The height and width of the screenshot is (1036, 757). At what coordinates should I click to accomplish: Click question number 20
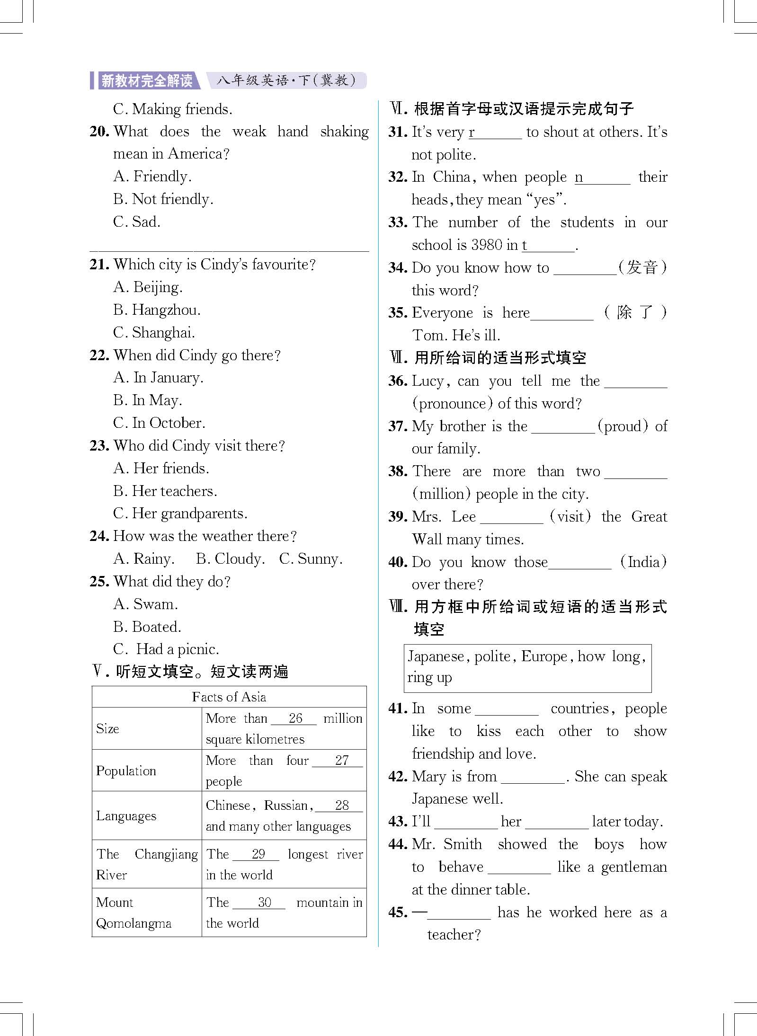click(x=99, y=132)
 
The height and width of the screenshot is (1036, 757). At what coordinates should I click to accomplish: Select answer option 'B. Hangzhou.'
click(x=157, y=310)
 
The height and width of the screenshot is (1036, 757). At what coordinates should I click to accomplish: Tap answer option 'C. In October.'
click(x=159, y=423)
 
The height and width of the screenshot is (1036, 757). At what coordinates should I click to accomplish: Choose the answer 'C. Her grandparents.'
click(x=180, y=514)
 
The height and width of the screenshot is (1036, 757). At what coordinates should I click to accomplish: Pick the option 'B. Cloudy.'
click(x=230, y=559)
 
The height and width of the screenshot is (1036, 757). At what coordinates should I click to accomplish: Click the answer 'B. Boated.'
click(x=147, y=627)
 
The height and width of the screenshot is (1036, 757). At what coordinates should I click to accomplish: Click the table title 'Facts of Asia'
click(x=229, y=697)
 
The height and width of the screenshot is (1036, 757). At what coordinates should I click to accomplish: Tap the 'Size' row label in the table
click(x=107, y=729)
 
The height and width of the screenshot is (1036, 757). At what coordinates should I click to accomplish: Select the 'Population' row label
click(x=126, y=771)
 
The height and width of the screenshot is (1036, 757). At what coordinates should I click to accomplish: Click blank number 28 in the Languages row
click(x=341, y=806)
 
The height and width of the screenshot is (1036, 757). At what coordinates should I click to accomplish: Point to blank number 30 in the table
click(x=264, y=903)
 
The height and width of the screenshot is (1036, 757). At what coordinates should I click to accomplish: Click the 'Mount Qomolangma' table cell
click(x=134, y=913)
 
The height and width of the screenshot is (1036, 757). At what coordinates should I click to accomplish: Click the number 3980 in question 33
click(x=487, y=245)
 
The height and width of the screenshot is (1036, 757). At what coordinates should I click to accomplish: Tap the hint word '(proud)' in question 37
click(x=623, y=426)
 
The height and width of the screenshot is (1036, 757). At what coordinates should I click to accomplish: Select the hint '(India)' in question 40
click(x=643, y=562)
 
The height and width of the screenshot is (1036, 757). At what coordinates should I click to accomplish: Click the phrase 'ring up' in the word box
click(x=429, y=678)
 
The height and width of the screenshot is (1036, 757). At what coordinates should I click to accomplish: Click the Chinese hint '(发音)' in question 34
click(x=642, y=268)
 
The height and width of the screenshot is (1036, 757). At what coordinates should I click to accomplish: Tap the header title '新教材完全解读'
click(x=147, y=81)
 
